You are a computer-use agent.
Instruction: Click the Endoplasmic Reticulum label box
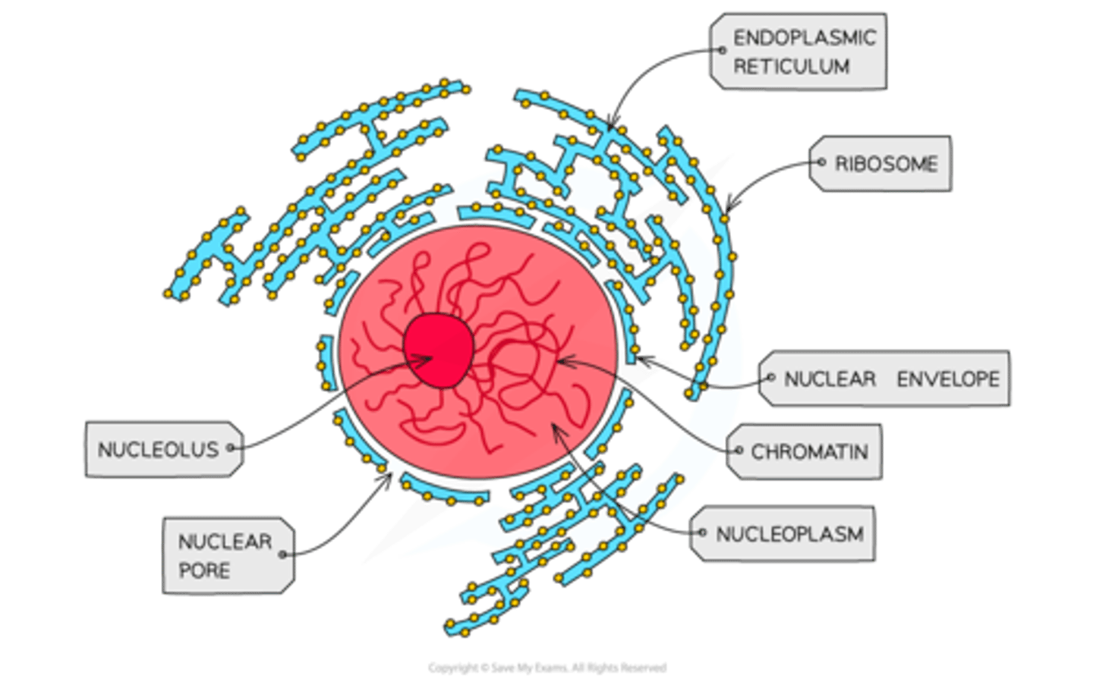coord(798,52)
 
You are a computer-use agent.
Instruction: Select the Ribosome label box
coord(882,163)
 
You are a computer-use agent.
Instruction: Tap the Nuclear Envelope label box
coord(887,379)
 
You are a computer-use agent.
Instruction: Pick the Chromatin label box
coord(806,451)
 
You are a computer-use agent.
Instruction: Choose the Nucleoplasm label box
coord(786,534)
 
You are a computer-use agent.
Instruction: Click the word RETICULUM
coord(791,67)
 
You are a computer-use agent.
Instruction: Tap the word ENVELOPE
coord(948,379)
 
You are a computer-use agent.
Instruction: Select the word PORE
coord(204,570)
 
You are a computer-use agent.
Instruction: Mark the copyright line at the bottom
coord(546,668)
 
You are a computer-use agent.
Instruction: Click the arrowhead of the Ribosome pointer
coord(727,210)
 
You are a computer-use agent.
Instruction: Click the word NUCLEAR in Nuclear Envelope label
coord(830,379)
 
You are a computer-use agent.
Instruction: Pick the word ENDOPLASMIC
coord(805,37)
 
